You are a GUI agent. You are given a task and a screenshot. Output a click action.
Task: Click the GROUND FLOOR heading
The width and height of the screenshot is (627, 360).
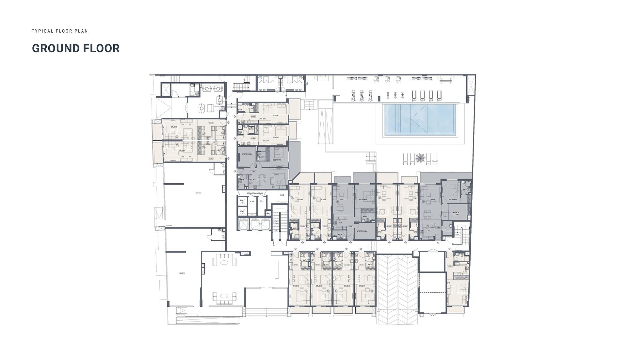pos(76,48)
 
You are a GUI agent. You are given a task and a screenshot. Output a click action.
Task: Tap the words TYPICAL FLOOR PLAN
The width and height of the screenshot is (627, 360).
pos(60,31)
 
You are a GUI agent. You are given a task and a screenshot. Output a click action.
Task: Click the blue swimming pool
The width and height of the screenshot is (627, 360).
pos(420,120)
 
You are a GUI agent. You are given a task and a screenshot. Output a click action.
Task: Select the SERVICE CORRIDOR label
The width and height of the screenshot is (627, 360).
pos(255,193)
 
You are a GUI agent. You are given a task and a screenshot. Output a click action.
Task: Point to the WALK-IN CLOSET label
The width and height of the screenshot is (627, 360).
pos(456,214)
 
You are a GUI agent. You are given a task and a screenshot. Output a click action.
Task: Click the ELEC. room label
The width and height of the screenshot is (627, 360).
pos(282,195)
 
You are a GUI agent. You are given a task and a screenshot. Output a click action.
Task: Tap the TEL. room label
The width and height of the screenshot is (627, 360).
pos(261,201)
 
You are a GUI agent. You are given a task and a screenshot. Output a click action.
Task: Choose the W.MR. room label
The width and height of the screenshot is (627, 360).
pos(252,202)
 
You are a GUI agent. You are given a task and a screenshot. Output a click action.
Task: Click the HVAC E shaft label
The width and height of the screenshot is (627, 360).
pos(242,202)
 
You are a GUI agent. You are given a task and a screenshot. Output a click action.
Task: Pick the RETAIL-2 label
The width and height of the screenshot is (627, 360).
pos(199,193)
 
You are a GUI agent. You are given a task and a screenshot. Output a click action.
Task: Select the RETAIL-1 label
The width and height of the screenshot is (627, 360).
pos(182,273)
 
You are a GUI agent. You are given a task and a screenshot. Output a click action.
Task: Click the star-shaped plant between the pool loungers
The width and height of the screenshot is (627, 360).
pos(420,158)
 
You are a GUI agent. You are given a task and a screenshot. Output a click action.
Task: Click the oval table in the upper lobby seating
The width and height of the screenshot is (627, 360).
pos(224,262)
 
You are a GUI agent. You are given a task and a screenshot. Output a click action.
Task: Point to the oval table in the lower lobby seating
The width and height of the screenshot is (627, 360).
pos(224,296)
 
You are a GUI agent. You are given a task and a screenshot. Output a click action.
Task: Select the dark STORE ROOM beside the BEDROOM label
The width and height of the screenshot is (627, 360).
pos(247,154)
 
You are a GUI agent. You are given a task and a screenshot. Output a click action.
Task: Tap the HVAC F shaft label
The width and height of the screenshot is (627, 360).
pos(242,213)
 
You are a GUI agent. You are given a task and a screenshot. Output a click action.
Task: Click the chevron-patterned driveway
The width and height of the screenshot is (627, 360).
pos(397,287)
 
